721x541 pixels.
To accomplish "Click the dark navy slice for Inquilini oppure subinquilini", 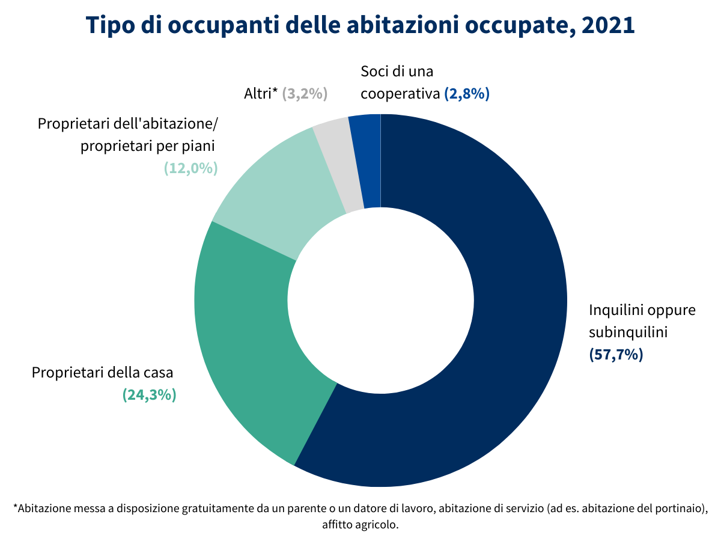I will pyautogui.click(x=511, y=301).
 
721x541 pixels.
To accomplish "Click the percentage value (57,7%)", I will pyautogui.click(x=616, y=355).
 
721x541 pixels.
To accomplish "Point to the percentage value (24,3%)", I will pyautogui.click(x=149, y=395).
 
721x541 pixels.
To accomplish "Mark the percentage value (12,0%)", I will pyautogui.click(x=190, y=168).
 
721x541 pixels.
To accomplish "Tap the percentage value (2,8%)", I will pyautogui.click(x=467, y=94).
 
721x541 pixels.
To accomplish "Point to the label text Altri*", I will pyautogui.click(x=261, y=94).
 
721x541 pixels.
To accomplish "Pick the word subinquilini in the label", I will pyautogui.click(x=628, y=332).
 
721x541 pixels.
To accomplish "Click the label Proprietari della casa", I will pyautogui.click(x=102, y=373).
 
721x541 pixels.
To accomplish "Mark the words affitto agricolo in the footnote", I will pyautogui.click(x=360, y=524).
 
